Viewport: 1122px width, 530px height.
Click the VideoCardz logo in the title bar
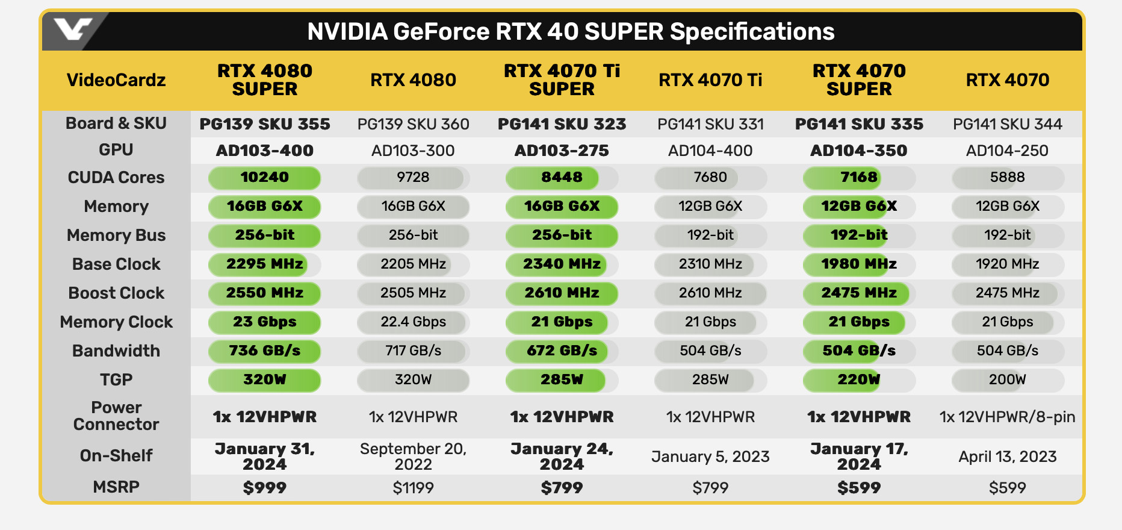coord(73,29)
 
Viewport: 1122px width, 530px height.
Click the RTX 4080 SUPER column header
coord(265,80)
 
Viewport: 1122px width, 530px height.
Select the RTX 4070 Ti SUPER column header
coord(562,80)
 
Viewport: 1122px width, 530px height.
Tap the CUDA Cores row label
coord(116,178)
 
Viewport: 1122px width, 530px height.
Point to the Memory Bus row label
coord(116,235)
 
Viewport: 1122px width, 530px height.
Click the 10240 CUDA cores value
coord(265,178)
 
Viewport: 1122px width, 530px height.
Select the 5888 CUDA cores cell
coord(1007,178)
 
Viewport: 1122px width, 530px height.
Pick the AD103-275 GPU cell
coord(562,151)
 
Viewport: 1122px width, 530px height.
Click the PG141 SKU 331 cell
coord(710,125)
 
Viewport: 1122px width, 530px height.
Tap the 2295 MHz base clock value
coord(265,264)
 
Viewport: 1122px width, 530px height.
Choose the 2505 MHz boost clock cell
coord(413,293)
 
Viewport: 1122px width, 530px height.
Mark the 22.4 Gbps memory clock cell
coord(413,322)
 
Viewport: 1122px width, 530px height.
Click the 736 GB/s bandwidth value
coord(265,351)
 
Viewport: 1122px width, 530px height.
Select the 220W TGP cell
coord(859,380)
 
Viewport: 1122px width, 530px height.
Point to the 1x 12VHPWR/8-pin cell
coord(1007,417)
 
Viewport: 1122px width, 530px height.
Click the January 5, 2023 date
coord(710,457)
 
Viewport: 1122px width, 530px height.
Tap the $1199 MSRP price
coord(413,488)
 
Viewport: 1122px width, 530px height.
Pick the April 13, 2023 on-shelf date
coord(1007,457)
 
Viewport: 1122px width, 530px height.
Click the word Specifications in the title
coord(752,32)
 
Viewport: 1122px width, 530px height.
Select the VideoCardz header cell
coord(116,80)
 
